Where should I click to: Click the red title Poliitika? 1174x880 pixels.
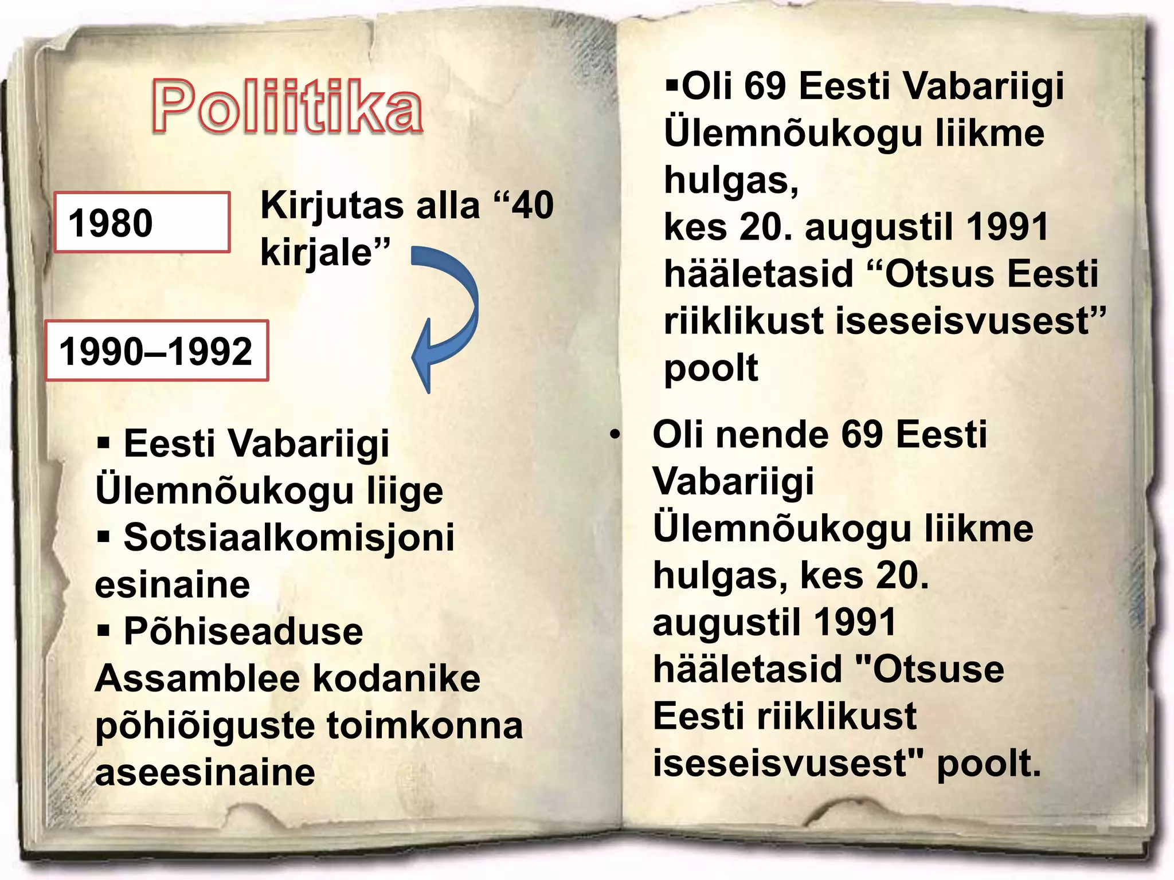pos(287,107)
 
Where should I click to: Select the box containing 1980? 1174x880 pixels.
pos(142,222)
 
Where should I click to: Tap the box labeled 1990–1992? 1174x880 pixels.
pos(156,351)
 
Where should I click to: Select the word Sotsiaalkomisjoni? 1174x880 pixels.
pos(289,539)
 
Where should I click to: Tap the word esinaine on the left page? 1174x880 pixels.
pos(173,585)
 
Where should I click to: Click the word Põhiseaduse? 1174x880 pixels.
pos(244,632)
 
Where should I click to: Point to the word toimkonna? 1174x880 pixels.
pos(425,726)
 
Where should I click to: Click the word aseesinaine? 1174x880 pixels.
pos(205,772)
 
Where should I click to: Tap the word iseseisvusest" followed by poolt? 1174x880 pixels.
pos(788,763)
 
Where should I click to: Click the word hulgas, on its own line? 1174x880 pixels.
pos(731,180)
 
